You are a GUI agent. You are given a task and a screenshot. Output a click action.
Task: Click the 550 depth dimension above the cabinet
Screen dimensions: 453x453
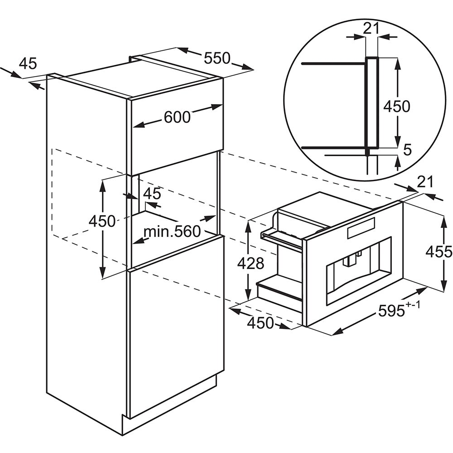click(217, 58)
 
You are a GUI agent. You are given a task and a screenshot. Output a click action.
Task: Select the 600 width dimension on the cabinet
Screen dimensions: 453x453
click(177, 117)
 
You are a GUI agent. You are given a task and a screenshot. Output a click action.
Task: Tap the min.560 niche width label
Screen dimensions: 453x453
click(172, 231)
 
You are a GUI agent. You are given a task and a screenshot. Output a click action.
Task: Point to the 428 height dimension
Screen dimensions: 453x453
click(251, 263)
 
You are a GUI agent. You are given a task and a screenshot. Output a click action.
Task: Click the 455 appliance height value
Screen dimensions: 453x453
click(439, 251)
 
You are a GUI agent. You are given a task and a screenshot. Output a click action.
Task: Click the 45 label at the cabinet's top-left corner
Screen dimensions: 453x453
click(28, 63)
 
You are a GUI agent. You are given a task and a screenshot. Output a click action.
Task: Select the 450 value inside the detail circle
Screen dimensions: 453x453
click(397, 106)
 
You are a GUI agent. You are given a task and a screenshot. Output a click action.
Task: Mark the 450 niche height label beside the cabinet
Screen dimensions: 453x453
click(102, 222)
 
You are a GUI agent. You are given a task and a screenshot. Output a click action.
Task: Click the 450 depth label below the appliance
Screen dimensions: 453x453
click(260, 323)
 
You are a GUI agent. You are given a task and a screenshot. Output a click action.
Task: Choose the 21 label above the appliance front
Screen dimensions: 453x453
click(425, 182)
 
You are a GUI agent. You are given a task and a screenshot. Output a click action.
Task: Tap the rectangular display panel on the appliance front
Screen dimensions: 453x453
click(361, 228)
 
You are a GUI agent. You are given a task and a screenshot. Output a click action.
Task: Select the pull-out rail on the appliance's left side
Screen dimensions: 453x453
click(282, 240)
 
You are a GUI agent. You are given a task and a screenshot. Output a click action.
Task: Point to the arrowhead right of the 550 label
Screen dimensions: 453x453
click(248, 67)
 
